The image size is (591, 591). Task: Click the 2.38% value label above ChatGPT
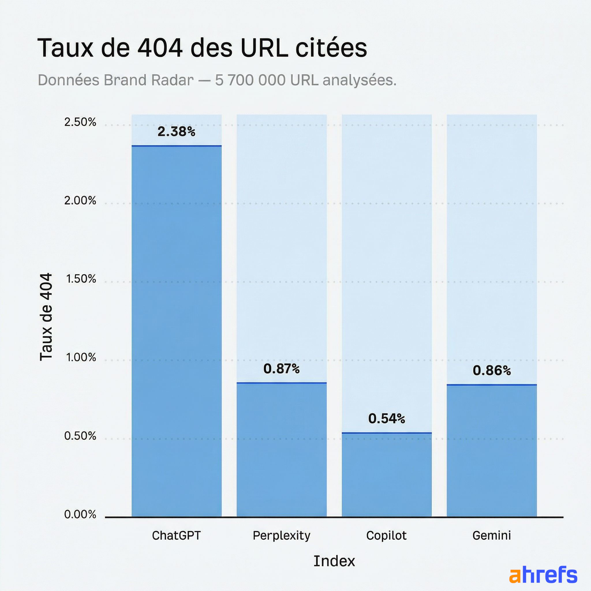click(x=176, y=132)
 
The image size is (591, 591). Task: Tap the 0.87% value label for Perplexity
click(x=281, y=369)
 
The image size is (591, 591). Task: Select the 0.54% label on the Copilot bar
click(x=386, y=418)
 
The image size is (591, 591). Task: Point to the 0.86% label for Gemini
click(x=491, y=371)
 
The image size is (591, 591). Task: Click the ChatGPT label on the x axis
click(x=176, y=535)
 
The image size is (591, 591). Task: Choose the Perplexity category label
click(x=281, y=536)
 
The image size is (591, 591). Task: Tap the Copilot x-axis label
click(x=386, y=535)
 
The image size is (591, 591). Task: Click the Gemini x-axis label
click(x=491, y=535)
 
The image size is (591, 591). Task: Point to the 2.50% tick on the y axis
click(x=80, y=122)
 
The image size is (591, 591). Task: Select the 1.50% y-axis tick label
click(x=81, y=279)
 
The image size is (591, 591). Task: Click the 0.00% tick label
click(x=80, y=514)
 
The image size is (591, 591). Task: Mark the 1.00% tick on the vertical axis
click(x=81, y=357)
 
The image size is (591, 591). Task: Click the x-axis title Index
click(x=334, y=561)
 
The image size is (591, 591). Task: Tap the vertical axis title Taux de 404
click(x=46, y=317)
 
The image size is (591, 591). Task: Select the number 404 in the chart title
click(x=160, y=48)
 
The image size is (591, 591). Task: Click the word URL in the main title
click(x=264, y=48)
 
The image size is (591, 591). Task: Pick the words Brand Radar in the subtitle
click(x=149, y=81)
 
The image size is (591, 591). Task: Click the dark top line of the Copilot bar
click(x=386, y=433)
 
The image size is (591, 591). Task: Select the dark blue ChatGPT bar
click(x=176, y=330)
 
